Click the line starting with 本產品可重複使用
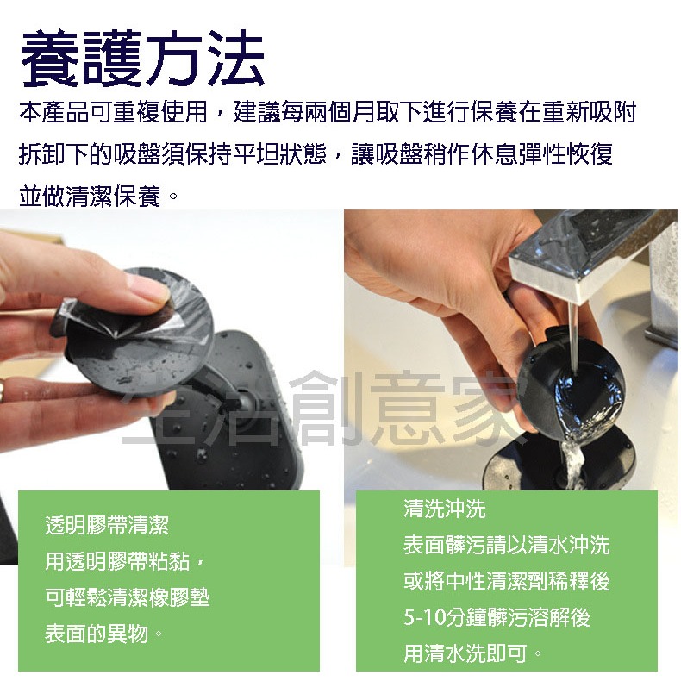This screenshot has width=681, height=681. [328, 113]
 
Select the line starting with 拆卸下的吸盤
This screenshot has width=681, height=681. [316, 155]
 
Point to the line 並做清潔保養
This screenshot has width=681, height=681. [99, 197]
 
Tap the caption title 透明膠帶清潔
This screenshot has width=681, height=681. [107, 525]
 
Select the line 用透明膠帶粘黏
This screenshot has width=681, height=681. [125, 562]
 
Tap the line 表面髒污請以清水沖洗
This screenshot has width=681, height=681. [507, 545]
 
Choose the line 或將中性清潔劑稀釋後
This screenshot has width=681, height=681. [507, 582]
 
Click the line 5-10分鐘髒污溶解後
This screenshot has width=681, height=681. [497, 618]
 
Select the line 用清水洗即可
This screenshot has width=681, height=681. [473, 654]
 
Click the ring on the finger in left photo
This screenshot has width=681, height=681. [5, 392]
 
